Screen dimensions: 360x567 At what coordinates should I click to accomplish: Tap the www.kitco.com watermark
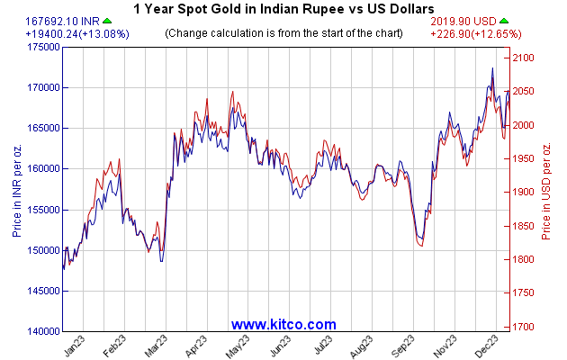(283, 324)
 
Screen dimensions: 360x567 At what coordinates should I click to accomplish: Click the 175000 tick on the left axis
(41, 47)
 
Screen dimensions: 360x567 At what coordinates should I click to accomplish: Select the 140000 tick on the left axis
(41, 331)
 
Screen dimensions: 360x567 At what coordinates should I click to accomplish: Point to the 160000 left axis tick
(41, 168)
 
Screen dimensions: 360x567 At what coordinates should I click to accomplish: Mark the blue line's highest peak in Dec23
(492, 68)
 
